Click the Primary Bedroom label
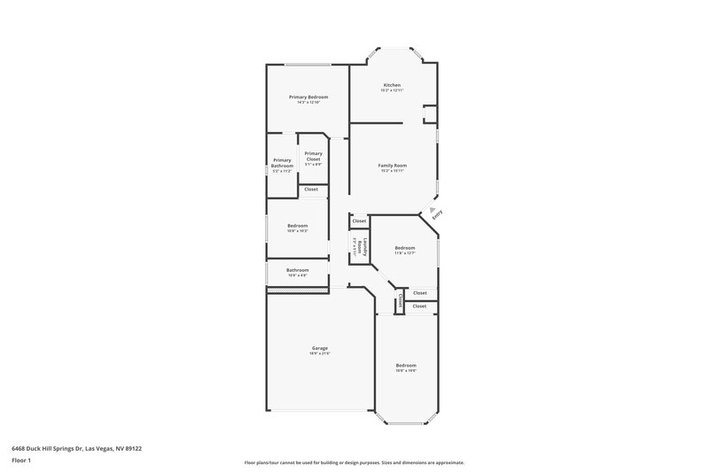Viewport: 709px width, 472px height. (x=308, y=97)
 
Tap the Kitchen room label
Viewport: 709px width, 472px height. (x=392, y=85)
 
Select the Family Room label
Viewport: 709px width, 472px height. (x=392, y=166)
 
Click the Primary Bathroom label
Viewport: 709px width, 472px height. (x=282, y=163)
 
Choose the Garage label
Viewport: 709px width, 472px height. (x=319, y=349)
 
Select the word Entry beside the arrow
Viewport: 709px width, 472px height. (x=436, y=214)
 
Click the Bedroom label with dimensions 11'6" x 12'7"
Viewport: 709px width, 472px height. (x=405, y=248)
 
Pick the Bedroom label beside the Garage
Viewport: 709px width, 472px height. (x=406, y=365)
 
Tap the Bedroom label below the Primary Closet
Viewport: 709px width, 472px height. (x=297, y=226)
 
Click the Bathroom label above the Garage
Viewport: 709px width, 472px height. (x=297, y=270)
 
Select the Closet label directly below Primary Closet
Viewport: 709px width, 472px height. (x=311, y=189)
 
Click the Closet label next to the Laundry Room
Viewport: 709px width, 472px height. (x=359, y=221)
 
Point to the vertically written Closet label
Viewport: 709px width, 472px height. (x=401, y=301)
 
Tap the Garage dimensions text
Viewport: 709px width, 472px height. (x=319, y=354)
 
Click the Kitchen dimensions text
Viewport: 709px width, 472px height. (x=392, y=90)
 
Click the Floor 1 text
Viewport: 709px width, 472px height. (x=22, y=460)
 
